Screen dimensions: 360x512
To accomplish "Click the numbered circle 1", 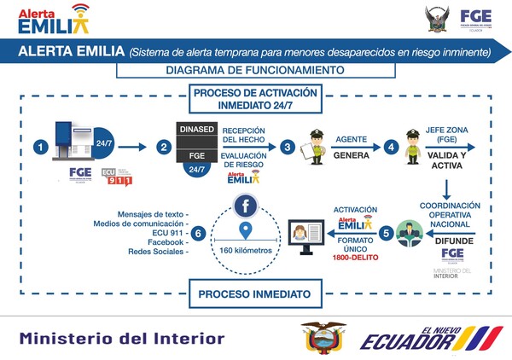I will click(38, 147).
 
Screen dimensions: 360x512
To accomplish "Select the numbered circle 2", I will click(165, 147).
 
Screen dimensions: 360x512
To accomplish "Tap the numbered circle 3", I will click(288, 147).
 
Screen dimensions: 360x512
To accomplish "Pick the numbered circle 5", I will click(386, 231).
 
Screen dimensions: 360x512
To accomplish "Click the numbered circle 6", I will click(199, 232).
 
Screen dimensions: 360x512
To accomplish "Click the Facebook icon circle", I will click(246, 206).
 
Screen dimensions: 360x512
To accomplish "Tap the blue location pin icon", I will click(246, 231).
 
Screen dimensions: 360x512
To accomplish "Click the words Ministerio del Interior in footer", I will click(123, 338).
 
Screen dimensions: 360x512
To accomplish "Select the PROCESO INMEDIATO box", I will click(248, 294).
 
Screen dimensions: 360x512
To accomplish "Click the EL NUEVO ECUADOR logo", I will click(419, 338).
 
